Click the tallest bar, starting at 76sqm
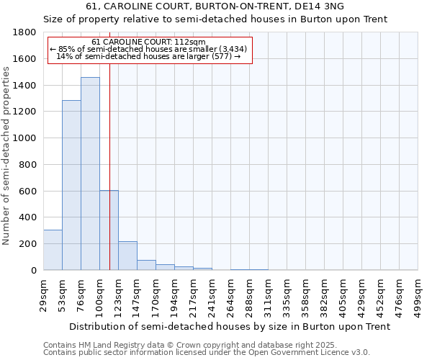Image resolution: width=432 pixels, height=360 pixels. pos(90,174)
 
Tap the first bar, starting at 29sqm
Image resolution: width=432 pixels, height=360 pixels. pos(53,250)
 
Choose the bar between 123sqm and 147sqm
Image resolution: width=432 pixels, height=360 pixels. pos(127,256)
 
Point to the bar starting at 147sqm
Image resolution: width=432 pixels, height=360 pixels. pos(146,265)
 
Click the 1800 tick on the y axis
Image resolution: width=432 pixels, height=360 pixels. pos(26,32)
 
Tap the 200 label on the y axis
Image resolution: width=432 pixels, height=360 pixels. pos(29,244)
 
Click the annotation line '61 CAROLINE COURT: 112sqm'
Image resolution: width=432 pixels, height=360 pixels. pos(149,42)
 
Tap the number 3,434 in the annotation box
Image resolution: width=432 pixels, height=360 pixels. pos(233,49)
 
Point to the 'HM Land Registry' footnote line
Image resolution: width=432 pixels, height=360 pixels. pos(206,345)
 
